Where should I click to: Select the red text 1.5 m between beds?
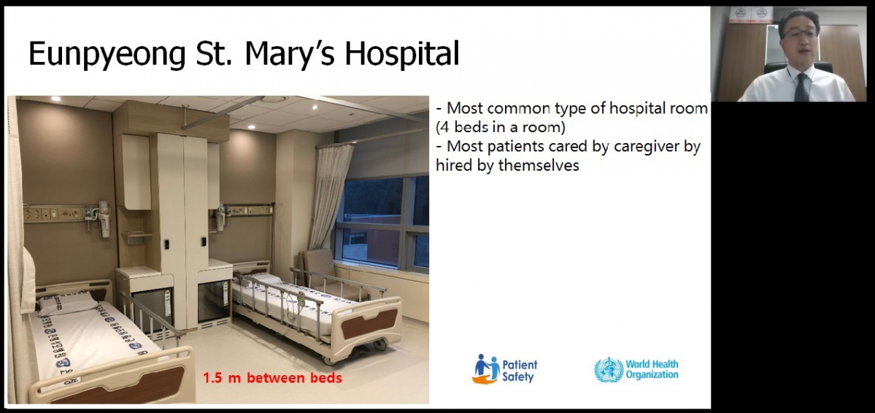point(272,378)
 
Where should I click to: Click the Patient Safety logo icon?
point(485,369)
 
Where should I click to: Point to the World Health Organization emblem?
point(608,370)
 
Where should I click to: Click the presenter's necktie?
point(801,88)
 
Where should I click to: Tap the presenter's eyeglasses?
point(799,34)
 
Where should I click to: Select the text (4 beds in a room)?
point(501,127)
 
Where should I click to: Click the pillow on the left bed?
point(68,304)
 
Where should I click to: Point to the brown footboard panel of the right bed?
point(369,324)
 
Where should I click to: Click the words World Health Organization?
point(652,369)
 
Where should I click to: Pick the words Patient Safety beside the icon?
point(520,371)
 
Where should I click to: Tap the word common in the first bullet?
point(516,108)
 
